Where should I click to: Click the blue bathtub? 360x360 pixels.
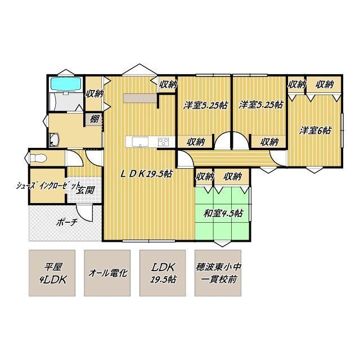coord(66,84)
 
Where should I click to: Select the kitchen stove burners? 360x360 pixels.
coord(164,142)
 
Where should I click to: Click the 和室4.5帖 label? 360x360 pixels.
coord(223,213)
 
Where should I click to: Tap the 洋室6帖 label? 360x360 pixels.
coord(315,130)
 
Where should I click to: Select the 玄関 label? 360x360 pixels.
coord(85,190)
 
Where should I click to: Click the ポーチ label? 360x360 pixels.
coord(66,222)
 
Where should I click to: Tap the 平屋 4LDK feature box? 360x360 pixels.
coord(52,273)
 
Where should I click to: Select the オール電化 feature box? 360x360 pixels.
coord(107,273)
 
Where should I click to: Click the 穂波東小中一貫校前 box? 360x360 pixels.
coord(218,273)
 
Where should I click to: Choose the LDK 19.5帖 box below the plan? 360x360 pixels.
coord(163,273)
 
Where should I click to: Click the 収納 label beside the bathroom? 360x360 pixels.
coord(94,94)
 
